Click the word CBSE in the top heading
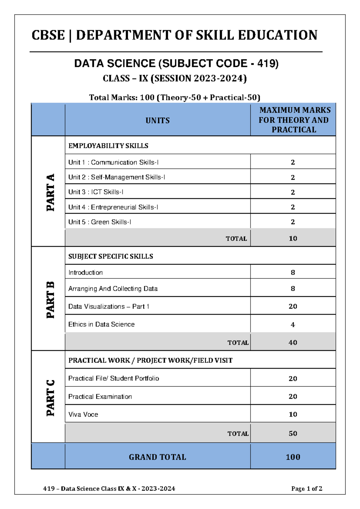(x=48, y=35)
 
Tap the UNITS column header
(x=157, y=120)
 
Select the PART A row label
(x=50, y=192)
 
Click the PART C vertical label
(x=50, y=398)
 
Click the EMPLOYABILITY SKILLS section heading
(x=108, y=146)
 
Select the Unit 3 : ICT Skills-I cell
(x=96, y=192)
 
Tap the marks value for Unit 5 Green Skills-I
(x=293, y=222)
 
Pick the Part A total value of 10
(x=293, y=238)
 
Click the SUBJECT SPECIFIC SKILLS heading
(x=111, y=256)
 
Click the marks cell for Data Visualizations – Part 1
(x=293, y=306)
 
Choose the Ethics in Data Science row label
(x=101, y=324)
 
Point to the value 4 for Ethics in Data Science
(x=293, y=324)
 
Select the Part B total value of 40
(x=293, y=342)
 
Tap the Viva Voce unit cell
(x=83, y=414)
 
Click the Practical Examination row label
(x=100, y=396)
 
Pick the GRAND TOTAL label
(x=157, y=457)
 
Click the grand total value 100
(x=293, y=457)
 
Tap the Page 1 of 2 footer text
(x=307, y=489)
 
